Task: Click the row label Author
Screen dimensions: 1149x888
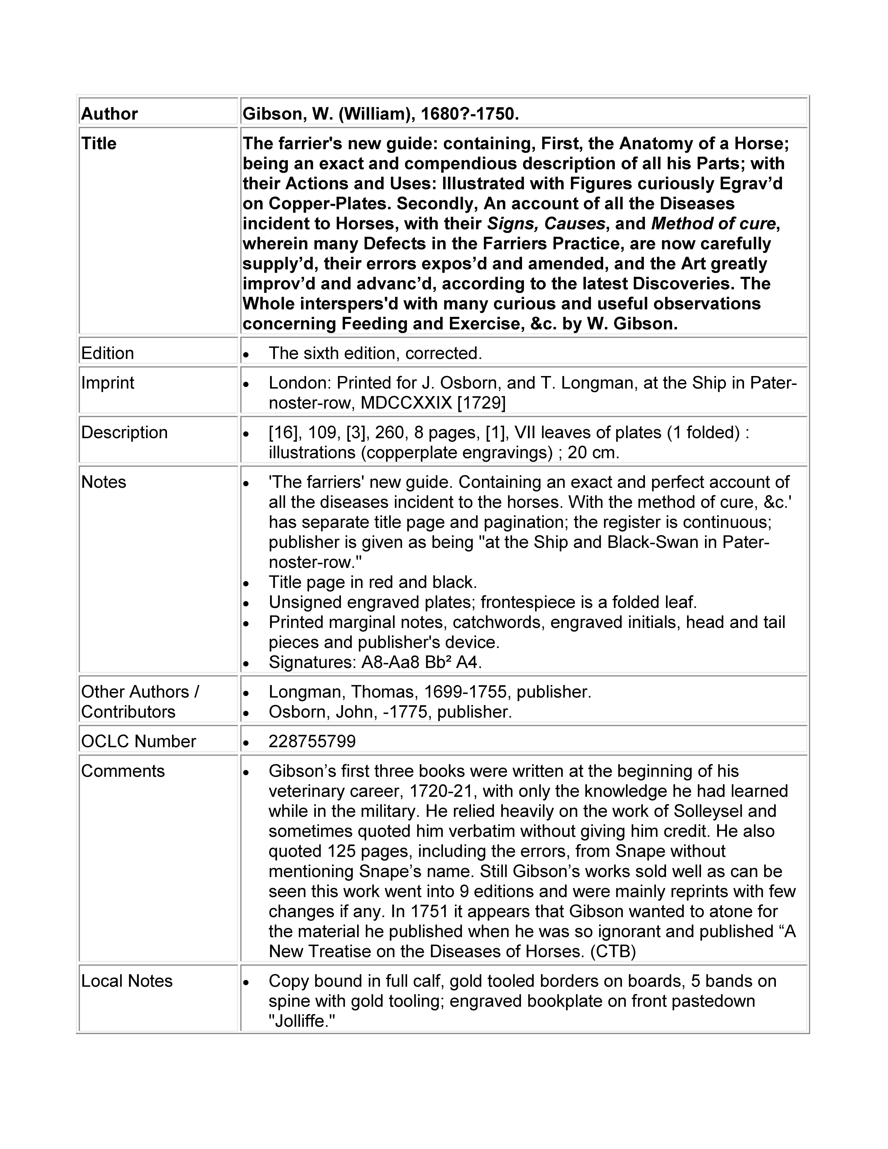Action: coord(109,114)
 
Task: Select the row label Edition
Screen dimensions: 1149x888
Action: coord(107,353)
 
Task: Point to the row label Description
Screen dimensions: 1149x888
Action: coord(124,432)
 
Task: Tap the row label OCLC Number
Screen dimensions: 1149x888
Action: coord(138,741)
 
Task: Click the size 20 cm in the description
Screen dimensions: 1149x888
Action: coord(593,452)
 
